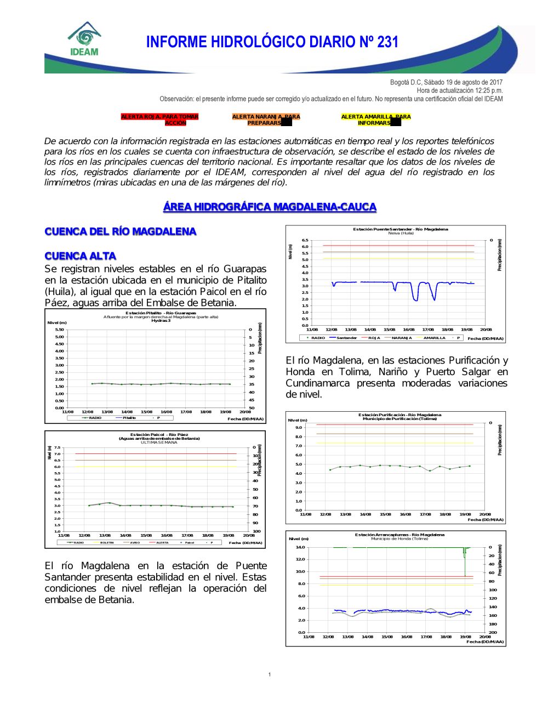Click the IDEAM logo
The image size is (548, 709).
coord(84,39)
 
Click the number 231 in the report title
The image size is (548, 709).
coord(387,42)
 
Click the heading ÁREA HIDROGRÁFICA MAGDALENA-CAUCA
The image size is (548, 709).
coord(270,207)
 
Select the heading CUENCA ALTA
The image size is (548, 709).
coord(81,256)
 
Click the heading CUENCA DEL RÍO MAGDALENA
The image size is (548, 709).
coord(121,231)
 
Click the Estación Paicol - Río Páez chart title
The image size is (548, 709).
coord(159,435)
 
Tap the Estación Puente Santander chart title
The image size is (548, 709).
coord(400,229)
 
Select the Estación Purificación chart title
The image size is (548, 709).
coord(399,415)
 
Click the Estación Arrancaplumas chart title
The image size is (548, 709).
coord(399,535)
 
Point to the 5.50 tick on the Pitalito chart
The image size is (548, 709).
coord(60,330)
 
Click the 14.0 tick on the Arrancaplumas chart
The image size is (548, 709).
coord(300,547)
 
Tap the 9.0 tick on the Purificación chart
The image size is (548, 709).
coord(299,428)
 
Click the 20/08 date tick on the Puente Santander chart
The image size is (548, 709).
coord(486,330)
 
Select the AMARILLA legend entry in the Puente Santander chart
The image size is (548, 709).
coord(434,338)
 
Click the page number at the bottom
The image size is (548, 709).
coord(270,674)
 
